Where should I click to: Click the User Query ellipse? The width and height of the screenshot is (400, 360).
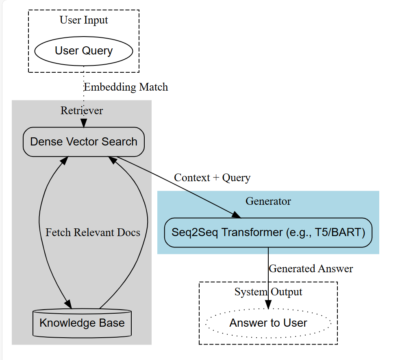pyautogui.click(x=84, y=51)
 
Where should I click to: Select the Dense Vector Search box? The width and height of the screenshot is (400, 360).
pyautogui.click(x=84, y=142)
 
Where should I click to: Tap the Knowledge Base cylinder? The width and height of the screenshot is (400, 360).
pyautogui.click(x=82, y=323)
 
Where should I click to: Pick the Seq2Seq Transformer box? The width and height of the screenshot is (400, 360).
pyautogui.click(x=268, y=232)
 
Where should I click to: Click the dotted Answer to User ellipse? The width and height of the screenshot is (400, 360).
pyautogui.click(x=268, y=323)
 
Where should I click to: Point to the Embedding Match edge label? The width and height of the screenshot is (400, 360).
pyautogui.click(x=126, y=87)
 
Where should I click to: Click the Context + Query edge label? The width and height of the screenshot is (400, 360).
pyautogui.click(x=212, y=178)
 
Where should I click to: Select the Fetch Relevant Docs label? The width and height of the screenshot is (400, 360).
pyautogui.click(x=93, y=232)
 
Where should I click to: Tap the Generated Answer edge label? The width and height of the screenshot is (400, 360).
pyautogui.click(x=311, y=269)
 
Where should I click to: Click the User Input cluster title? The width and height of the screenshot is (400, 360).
pyautogui.click(x=84, y=20)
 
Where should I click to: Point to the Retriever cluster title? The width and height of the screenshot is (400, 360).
pyautogui.click(x=82, y=111)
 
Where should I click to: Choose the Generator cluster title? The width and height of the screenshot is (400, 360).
pyautogui.click(x=268, y=201)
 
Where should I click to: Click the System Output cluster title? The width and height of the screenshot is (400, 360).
pyautogui.click(x=268, y=292)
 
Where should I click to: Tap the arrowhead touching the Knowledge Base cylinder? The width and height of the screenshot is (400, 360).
pyautogui.click(x=68, y=304)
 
